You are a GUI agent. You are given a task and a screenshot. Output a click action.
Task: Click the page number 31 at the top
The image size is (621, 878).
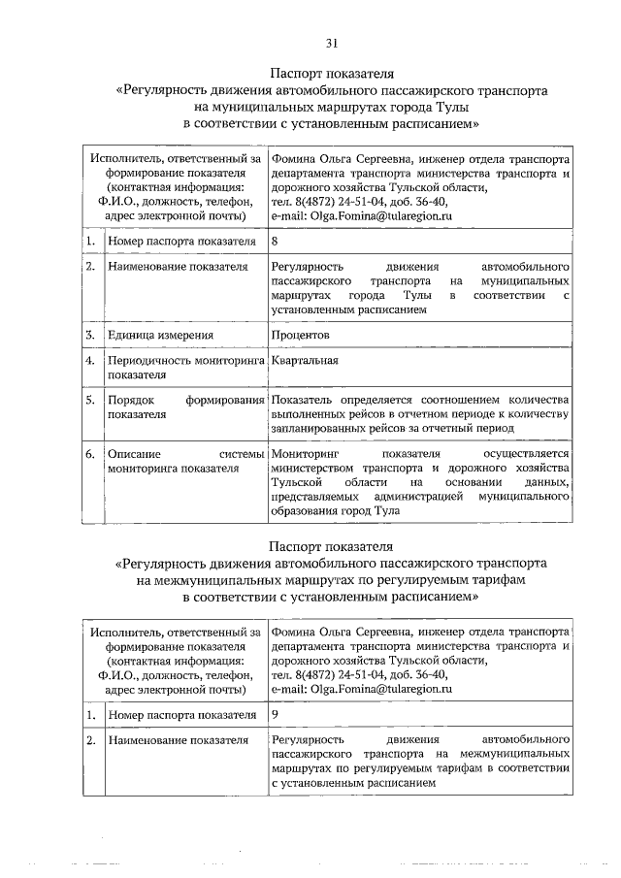(x=331, y=43)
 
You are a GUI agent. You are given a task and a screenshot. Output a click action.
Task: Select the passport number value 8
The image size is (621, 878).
(x=277, y=241)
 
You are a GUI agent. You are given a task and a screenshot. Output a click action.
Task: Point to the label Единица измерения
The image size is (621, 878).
(x=161, y=336)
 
